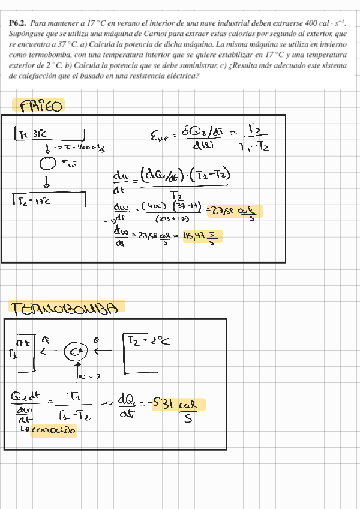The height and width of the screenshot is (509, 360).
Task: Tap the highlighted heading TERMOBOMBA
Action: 67,307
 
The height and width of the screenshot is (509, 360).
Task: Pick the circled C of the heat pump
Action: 76,352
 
